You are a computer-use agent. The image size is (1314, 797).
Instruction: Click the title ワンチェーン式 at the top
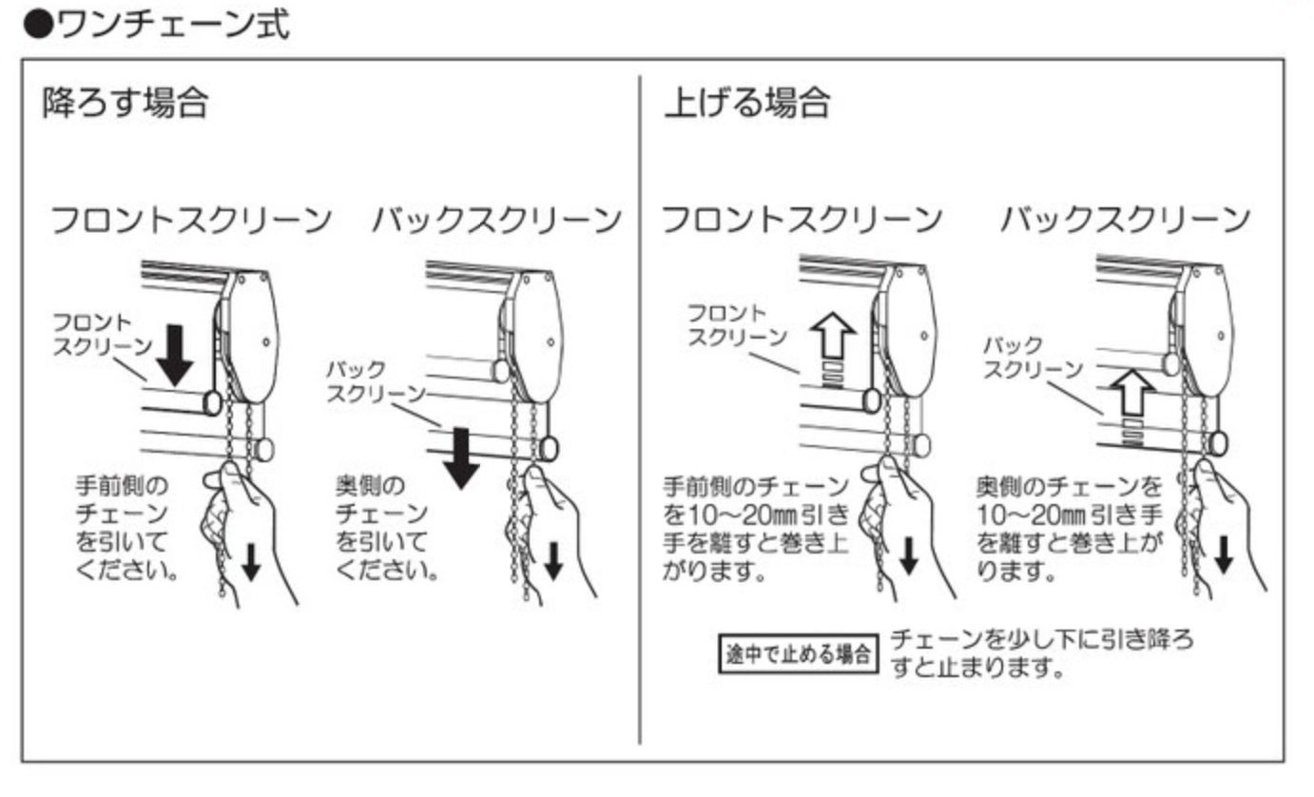(166, 26)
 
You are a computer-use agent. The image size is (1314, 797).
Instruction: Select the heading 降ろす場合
(125, 103)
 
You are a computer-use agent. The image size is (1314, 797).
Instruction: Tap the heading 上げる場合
(746, 103)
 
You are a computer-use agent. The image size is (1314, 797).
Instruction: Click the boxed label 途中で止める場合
(797, 654)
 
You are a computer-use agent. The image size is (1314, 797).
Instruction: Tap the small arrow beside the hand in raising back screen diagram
(1224, 554)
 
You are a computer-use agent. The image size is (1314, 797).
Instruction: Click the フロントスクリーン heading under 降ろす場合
(191, 221)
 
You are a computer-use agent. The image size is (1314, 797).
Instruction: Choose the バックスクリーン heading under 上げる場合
(1124, 221)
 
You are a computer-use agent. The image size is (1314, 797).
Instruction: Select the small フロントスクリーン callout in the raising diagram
(738, 325)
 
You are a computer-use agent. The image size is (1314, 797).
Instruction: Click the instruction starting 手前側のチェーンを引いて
(126, 528)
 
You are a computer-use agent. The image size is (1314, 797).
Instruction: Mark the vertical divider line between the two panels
(639, 409)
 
